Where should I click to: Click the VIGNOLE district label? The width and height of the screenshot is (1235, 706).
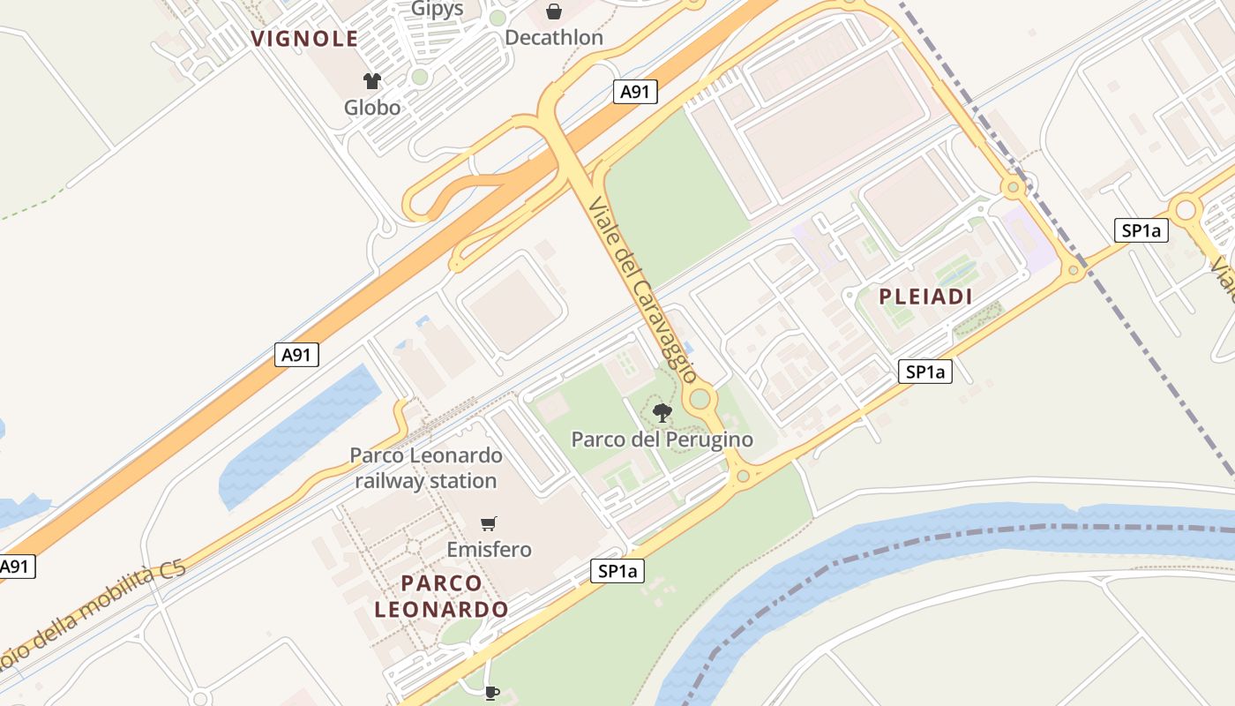point(304,39)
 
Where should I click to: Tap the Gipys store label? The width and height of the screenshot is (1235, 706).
point(437,9)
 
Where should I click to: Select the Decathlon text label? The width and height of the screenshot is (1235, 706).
point(554,38)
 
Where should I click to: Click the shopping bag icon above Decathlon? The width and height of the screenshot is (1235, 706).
point(553,11)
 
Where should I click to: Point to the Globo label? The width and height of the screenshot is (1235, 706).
point(372,108)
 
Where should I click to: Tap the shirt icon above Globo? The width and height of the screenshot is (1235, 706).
point(372,81)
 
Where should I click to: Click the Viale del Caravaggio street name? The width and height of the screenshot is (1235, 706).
point(642,289)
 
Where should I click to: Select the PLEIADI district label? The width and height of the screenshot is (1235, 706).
point(925,297)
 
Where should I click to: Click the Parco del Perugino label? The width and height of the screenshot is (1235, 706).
point(662,439)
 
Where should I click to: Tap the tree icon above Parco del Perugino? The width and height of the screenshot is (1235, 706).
point(662,412)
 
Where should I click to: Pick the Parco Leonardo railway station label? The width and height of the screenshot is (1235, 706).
point(426,469)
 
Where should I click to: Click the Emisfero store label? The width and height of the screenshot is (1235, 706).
point(489,550)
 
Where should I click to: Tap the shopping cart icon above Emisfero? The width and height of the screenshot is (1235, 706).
point(489,523)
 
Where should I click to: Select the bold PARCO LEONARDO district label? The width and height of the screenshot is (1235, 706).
point(441,596)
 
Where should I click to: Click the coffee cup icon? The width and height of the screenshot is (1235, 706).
point(491,692)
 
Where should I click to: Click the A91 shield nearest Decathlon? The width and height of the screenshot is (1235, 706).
point(635,92)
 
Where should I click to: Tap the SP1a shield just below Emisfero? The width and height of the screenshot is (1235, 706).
point(617,572)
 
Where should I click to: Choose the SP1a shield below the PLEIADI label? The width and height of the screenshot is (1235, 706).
point(925,372)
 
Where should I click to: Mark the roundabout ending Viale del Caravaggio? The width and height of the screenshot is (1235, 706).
point(700,400)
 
